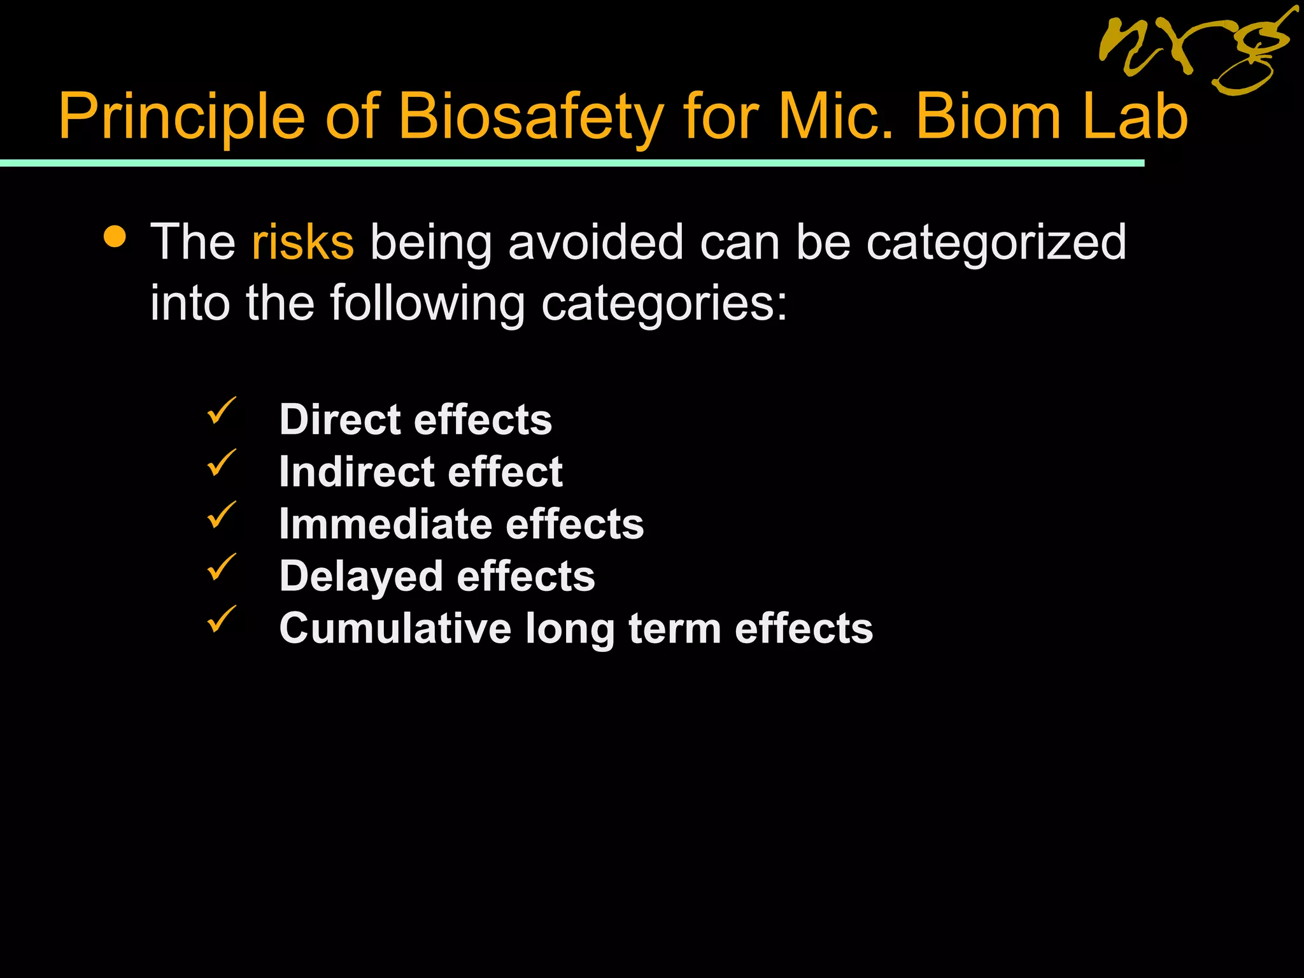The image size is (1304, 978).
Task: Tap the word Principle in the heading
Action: (x=182, y=117)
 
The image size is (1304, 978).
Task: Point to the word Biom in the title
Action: (x=988, y=117)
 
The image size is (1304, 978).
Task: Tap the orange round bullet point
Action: (x=115, y=237)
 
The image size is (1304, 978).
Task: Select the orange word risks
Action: (x=302, y=243)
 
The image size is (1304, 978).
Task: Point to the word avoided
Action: (x=595, y=243)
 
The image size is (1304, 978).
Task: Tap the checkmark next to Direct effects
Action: (x=221, y=411)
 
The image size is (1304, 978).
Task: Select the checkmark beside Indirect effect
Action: (x=221, y=463)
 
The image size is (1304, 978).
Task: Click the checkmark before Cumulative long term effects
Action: (x=221, y=619)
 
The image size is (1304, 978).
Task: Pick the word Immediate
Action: (x=385, y=524)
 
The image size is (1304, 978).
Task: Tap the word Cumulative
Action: (x=395, y=628)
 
